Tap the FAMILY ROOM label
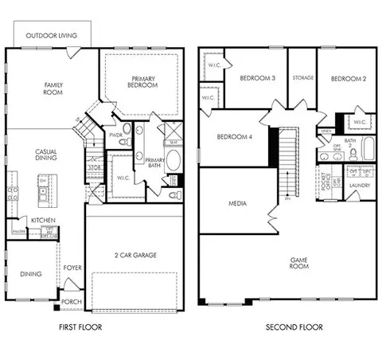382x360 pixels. click(53, 89)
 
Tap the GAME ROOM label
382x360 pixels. click(299, 262)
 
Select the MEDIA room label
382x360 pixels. click(237, 203)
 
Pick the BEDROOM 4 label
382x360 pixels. click(235, 137)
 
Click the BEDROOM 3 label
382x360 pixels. click(257, 78)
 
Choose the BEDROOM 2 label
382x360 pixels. click(348, 78)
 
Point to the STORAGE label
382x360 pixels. click(302, 78)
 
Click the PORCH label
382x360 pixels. click(72, 301)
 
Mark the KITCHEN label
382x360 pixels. click(42, 220)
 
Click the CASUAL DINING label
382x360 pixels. click(45, 155)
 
